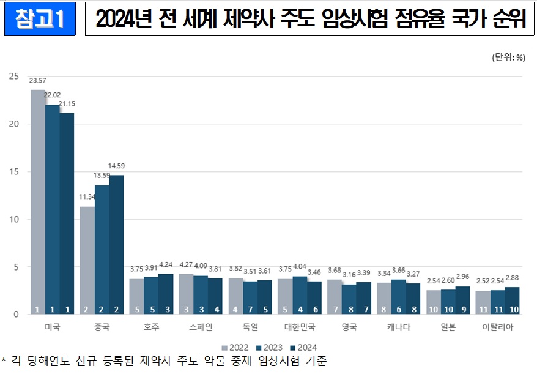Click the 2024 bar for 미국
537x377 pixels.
67,214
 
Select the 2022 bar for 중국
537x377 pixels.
87,260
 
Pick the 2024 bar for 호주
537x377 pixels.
166,294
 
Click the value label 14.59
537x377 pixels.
116,166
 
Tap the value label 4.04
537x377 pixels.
300,267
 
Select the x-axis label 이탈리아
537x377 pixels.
498,327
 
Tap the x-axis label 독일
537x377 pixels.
250,327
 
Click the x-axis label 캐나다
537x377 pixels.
399,327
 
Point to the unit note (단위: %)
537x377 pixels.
508,58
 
